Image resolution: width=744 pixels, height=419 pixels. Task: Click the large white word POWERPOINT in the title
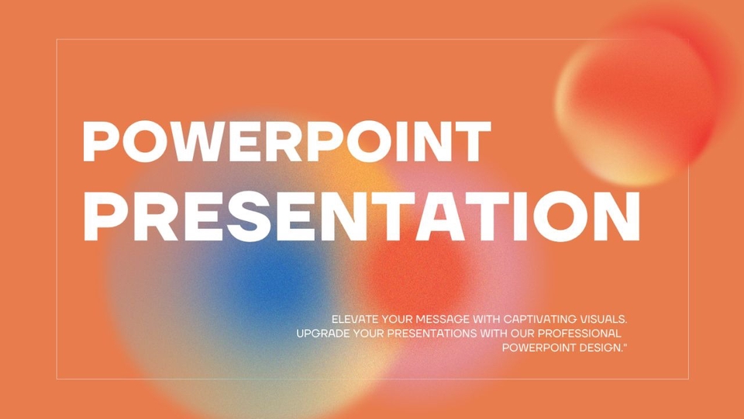287,141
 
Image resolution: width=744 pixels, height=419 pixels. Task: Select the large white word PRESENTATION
362,216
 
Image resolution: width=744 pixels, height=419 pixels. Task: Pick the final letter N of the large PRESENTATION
616,216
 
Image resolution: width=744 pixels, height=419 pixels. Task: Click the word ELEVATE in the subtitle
355,319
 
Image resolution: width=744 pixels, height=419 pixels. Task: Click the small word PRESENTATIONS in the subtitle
432,334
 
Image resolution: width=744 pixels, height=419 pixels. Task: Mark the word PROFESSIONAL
579,334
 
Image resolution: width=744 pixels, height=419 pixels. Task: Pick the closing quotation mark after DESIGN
625,345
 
